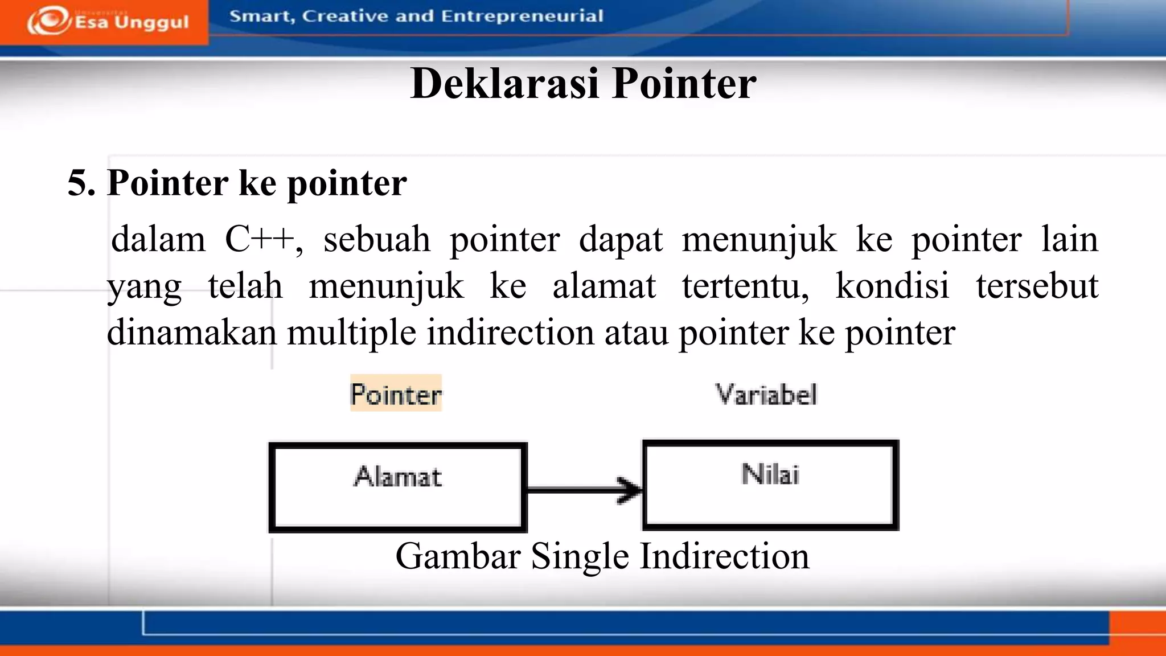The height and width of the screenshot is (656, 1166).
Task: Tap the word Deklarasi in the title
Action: (504, 84)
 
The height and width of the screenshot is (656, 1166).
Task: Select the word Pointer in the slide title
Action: (684, 84)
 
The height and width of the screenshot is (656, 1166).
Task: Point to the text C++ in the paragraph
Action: (259, 239)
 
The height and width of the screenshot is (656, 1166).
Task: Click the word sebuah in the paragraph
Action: (376, 239)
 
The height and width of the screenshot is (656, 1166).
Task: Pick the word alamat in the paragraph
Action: (603, 286)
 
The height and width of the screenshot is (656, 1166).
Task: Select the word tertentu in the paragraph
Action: (745, 286)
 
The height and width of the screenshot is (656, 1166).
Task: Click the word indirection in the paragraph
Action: (510, 333)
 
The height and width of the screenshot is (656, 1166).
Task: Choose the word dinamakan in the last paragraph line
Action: (191, 333)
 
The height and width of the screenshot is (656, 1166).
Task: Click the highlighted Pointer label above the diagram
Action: (396, 394)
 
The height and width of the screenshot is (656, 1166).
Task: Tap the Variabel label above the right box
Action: (766, 394)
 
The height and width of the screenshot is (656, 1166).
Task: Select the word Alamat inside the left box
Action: (397, 477)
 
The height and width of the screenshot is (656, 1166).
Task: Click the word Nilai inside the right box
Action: (770, 474)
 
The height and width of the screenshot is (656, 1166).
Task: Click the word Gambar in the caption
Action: (458, 556)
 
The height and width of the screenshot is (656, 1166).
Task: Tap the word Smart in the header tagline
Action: (262, 16)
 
